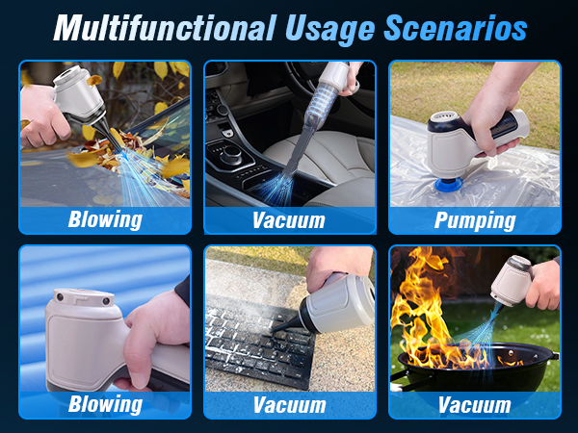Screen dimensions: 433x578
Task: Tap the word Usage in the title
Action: [326, 27]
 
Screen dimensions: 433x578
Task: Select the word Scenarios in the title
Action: [454, 27]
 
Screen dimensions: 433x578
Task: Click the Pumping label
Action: [474, 219]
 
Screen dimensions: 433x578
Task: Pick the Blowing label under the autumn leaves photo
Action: [104, 219]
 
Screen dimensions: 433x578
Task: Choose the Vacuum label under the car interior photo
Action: [289, 219]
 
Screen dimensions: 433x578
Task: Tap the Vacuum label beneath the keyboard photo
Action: [289, 404]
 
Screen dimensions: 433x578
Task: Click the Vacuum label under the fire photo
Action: [474, 404]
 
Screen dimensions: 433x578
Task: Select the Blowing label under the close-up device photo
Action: [104, 404]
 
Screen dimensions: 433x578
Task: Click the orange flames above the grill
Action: [433, 308]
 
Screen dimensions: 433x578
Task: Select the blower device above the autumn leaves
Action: [77, 96]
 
